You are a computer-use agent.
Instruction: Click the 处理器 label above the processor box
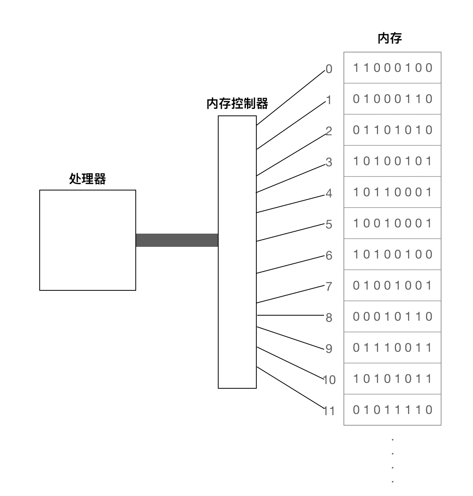click(88, 179)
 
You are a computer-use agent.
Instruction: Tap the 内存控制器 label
click(237, 104)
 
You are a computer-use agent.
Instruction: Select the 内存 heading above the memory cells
click(390, 38)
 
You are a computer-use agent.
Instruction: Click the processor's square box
click(88, 240)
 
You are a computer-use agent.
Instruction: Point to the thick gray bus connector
click(177, 240)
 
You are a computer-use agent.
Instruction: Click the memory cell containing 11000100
click(392, 68)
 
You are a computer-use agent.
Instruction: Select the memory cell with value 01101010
click(392, 130)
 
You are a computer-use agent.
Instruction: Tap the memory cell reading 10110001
click(392, 192)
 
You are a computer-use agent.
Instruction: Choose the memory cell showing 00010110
click(392, 317)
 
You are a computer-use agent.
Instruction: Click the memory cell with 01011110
click(392, 410)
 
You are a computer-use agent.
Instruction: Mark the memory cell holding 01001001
click(392, 286)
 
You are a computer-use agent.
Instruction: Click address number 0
click(329, 69)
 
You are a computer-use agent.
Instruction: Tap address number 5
click(329, 225)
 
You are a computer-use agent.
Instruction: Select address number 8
click(329, 318)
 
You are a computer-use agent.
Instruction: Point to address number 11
click(329, 411)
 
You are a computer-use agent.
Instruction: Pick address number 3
click(329, 162)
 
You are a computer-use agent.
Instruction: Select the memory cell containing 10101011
click(392, 379)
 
